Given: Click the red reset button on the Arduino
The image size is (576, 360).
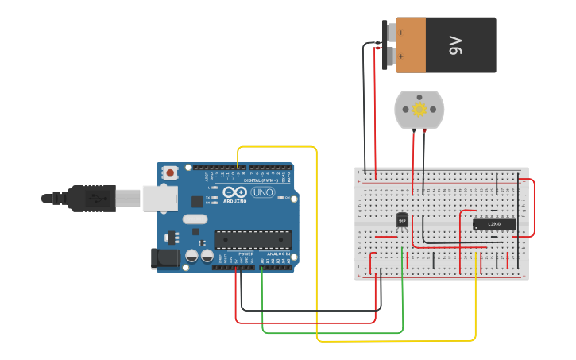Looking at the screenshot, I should click(x=171, y=172).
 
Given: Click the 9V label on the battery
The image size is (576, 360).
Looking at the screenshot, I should click(x=455, y=45).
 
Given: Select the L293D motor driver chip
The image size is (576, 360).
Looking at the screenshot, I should click(x=494, y=224).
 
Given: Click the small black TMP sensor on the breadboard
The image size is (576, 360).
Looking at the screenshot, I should click(x=402, y=219).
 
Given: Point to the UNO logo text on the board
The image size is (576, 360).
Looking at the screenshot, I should click(x=262, y=192).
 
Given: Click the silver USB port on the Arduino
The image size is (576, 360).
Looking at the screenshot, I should click(x=160, y=198).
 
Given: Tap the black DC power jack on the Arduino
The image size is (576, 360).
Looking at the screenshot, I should click(x=164, y=257).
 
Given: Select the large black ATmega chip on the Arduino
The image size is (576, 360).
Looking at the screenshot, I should click(x=253, y=239).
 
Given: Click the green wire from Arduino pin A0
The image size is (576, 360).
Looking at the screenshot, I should click(x=334, y=332).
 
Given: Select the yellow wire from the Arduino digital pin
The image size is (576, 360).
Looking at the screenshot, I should click(x=317, y=238).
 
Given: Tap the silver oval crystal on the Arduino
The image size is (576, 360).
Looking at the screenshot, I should click(x=195, y=219).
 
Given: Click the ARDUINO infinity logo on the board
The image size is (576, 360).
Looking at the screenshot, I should click(x=235, y=192).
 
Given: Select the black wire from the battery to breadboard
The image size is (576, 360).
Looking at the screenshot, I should click(x=365, y=103).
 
